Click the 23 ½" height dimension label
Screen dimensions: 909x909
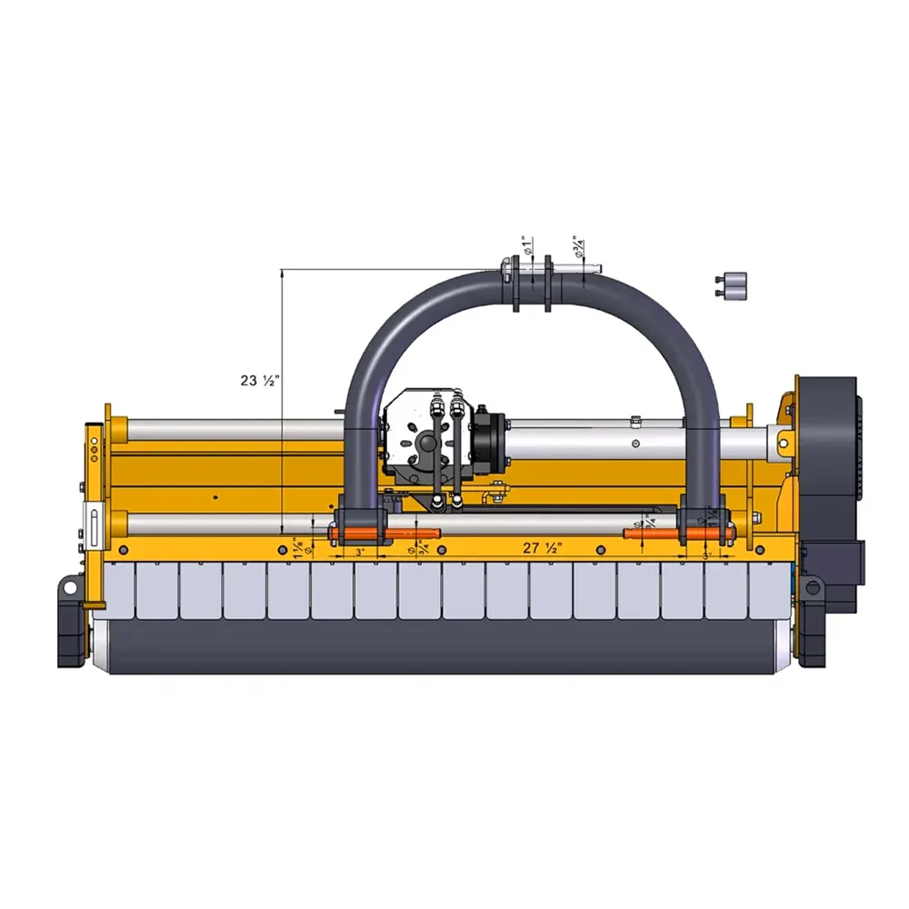[259, 381]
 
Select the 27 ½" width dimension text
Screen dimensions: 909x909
[543, 547]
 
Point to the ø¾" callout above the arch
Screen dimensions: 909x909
[578, 246]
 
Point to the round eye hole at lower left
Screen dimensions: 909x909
[69, 588]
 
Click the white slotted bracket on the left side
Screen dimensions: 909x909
[92, 527]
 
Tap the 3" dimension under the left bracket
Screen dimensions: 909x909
[360, 552]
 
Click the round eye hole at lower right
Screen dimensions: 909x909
[812, 588]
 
